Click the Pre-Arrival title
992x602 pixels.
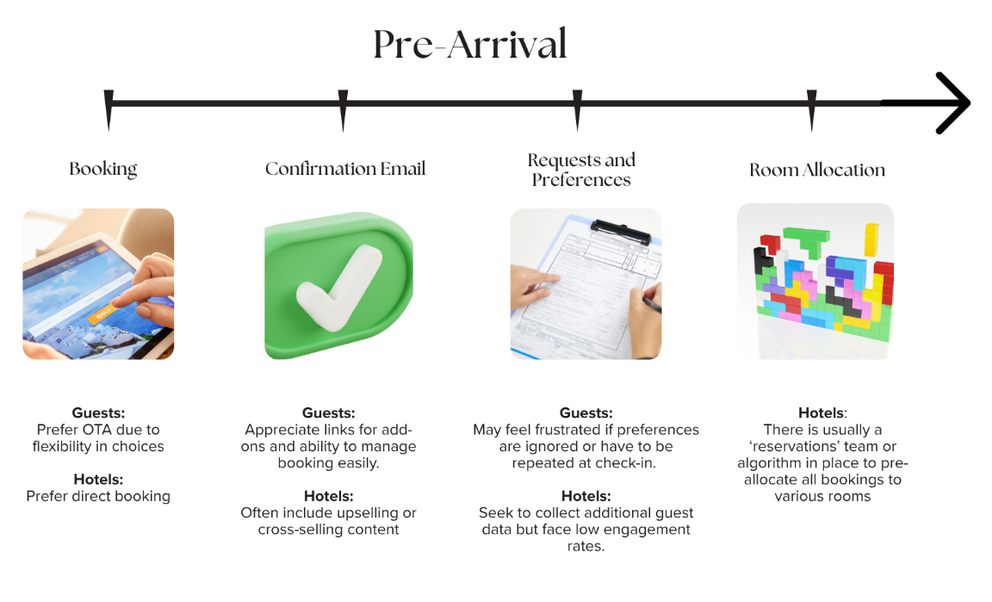(x=470, y=45)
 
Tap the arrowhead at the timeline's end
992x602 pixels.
(x=954, y=103)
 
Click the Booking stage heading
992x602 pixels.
(x=103, y=169)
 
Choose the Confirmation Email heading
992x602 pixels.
(x=345, y=169)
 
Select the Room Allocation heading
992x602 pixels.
(x=817, y=170)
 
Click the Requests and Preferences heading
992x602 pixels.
(x=581, y=170)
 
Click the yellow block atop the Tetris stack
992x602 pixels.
(x=871, y=239)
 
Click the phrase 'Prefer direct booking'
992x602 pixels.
(x=98, y=496)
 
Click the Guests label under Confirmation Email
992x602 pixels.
(x=328, y=413)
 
